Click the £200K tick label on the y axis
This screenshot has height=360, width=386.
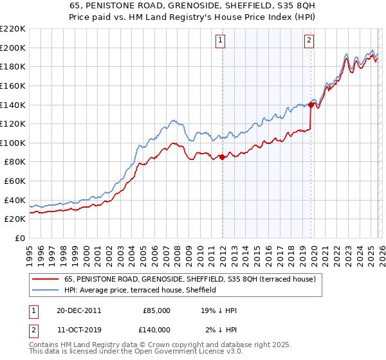[x=13, y=48]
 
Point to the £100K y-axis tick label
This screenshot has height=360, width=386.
[x=13, y=143]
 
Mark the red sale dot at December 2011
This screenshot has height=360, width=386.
[x=222, y=157]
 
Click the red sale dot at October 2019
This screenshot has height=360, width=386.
[x=311, y=105]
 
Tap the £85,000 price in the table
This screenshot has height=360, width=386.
[x=156, y=310]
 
